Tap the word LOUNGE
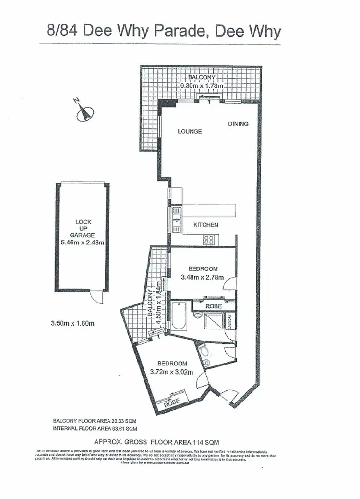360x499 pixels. (x=189, y=132)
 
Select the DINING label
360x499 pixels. (x=238, y=124)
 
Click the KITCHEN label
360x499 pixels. (x=205, y=225)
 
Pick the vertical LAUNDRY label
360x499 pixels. (x=231, y=321)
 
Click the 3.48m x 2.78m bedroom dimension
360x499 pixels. (x=202, y=277)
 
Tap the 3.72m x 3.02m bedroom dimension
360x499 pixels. (x=171, y=371)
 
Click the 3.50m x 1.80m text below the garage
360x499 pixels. (x=72, y=323)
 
